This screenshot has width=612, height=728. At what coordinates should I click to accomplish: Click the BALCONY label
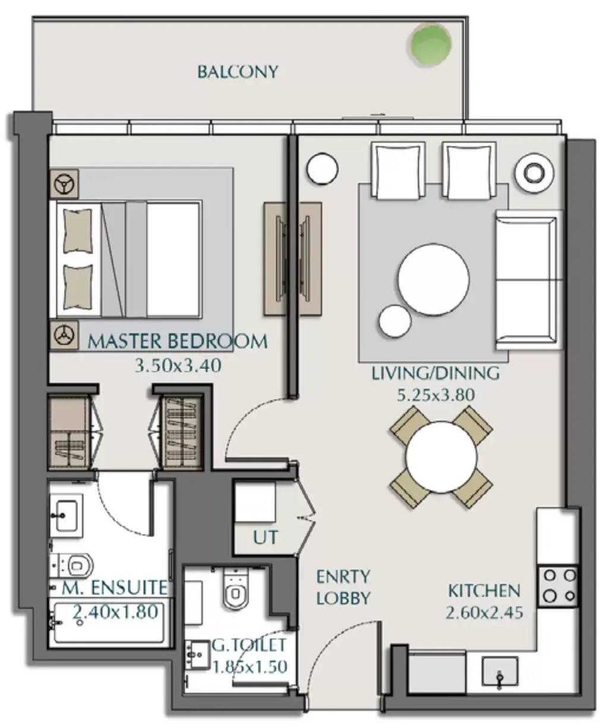pos(238,72)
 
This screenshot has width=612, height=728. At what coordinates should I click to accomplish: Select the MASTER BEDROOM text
pos(177,341)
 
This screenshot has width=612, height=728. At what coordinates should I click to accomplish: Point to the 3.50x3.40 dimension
pos(178,366)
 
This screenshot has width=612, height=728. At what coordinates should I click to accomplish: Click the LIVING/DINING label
pos(436,373)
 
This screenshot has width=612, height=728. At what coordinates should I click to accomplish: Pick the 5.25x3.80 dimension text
pos(436,395)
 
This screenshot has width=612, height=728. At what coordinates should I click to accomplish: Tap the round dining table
pos(441,457)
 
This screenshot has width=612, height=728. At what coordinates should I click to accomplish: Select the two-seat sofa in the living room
pos(529,280)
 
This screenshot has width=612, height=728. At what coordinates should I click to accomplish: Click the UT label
pos(266,537)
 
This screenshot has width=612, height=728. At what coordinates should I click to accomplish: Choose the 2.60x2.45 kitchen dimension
pos(484,613)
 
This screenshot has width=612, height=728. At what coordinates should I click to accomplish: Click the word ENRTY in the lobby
pos(343,576)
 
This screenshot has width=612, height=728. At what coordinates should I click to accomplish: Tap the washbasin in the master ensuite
pos(67,515)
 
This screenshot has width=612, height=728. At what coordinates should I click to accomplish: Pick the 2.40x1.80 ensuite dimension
pos(115,612)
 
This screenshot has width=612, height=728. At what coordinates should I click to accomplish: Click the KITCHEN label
pos(484,591)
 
